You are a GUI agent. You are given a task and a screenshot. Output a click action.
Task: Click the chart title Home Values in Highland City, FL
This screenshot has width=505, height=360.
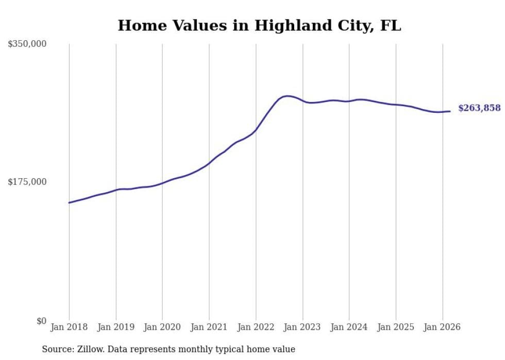(259, 25)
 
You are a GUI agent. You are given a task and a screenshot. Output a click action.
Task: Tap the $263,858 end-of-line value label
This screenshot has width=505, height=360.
(479, 108)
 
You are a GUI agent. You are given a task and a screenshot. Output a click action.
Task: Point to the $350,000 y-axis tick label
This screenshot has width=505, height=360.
(27, 44)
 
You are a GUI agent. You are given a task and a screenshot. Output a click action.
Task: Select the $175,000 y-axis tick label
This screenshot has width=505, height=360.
(27, 182)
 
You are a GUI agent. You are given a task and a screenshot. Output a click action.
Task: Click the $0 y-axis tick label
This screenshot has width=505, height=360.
(41, 321)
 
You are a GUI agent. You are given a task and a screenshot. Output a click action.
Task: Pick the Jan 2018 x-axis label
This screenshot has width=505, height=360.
(69, 327)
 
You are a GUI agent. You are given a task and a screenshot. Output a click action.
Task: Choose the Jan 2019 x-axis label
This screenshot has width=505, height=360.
(116, 327)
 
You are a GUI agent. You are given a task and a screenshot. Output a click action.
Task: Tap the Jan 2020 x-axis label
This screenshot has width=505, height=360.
(162, 327)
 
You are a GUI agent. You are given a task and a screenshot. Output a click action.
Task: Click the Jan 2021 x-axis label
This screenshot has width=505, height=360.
(209, 327)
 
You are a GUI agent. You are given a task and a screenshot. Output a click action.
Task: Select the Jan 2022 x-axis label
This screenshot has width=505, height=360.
(256, 327)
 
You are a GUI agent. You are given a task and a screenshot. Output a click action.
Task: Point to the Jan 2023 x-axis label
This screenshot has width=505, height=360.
(302, 327)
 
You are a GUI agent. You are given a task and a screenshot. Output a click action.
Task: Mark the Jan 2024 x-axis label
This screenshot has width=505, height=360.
(349, 327)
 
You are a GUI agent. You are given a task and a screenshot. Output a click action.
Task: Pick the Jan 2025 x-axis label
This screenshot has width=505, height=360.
(396, 327)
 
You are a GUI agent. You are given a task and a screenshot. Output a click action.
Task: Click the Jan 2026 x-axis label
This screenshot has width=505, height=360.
(442, 327)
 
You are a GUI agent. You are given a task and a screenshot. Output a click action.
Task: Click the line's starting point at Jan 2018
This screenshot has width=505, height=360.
(69, 202)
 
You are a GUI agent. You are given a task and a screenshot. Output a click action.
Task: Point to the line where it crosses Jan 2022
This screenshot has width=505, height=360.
(256, 130)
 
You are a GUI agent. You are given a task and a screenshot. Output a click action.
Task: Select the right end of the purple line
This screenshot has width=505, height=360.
(450, 111)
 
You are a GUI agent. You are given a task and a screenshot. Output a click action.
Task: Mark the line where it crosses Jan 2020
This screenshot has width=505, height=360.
(162, 183)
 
